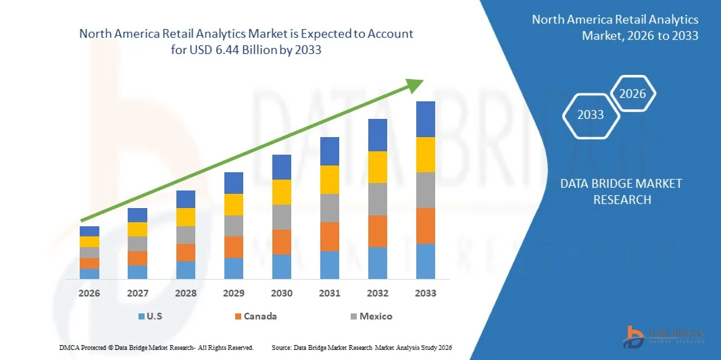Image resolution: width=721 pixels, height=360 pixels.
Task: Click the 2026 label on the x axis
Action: [89, 293]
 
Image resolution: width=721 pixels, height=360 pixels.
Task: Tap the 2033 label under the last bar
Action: [426, 293]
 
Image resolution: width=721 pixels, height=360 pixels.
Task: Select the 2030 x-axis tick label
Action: [282, 293]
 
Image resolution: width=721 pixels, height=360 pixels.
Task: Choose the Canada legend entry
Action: [255, 316]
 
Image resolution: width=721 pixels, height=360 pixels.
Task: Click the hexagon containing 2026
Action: [633, 94]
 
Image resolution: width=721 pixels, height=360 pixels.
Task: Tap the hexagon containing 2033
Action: [591, 114]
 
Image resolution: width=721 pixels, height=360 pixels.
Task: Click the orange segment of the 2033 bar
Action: [426, 226]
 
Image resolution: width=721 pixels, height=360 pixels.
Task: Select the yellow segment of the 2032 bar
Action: [378, 167]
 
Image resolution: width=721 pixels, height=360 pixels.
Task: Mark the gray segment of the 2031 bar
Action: [330, 208]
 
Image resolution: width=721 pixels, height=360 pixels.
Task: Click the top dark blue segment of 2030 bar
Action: [282, 167]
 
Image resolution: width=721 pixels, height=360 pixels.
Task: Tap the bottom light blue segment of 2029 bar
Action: [234, 268]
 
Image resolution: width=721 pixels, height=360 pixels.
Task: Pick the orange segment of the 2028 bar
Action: [186, 253]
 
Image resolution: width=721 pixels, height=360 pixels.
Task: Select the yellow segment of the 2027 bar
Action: [138, 229]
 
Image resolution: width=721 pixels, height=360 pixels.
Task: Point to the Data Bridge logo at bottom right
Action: [666, 336]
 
